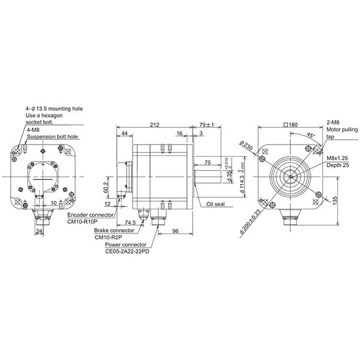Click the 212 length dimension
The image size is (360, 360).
tap(155, 125)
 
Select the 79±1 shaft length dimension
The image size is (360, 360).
tap(210, 125)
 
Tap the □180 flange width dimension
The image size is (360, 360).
tap(292, 125)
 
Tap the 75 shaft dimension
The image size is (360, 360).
tap(206, 163)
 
